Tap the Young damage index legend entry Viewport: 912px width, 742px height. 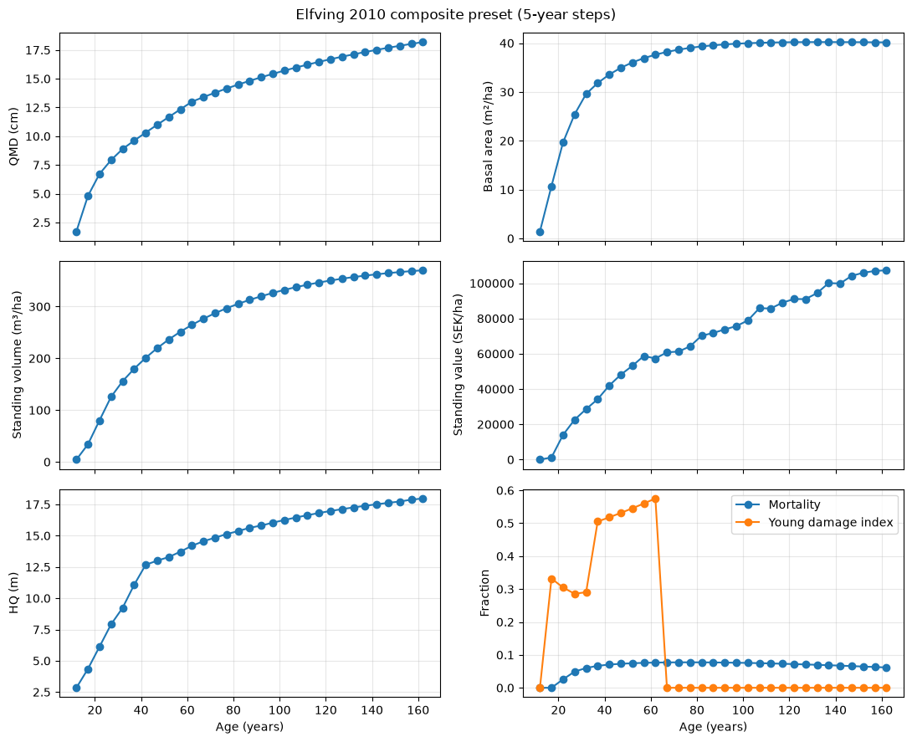tap(814, 522)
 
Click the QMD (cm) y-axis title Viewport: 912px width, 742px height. tap(14, 136)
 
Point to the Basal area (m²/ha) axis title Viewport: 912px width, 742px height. tap(488, 136)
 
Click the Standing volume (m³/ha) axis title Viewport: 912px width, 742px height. tap(16, 365)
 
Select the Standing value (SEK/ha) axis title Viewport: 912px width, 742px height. tap(458, 365)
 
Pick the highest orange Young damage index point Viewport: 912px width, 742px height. tap(655, 499)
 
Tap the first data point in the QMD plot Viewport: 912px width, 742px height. tap(76, 232)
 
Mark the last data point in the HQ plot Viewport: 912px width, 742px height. tap(423, 499)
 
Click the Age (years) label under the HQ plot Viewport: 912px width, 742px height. tap(249, 726)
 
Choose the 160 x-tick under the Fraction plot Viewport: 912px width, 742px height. tap(882, 710)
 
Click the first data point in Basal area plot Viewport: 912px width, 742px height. tap(540, 232)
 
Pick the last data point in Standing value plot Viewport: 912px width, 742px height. tap(886, 270)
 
